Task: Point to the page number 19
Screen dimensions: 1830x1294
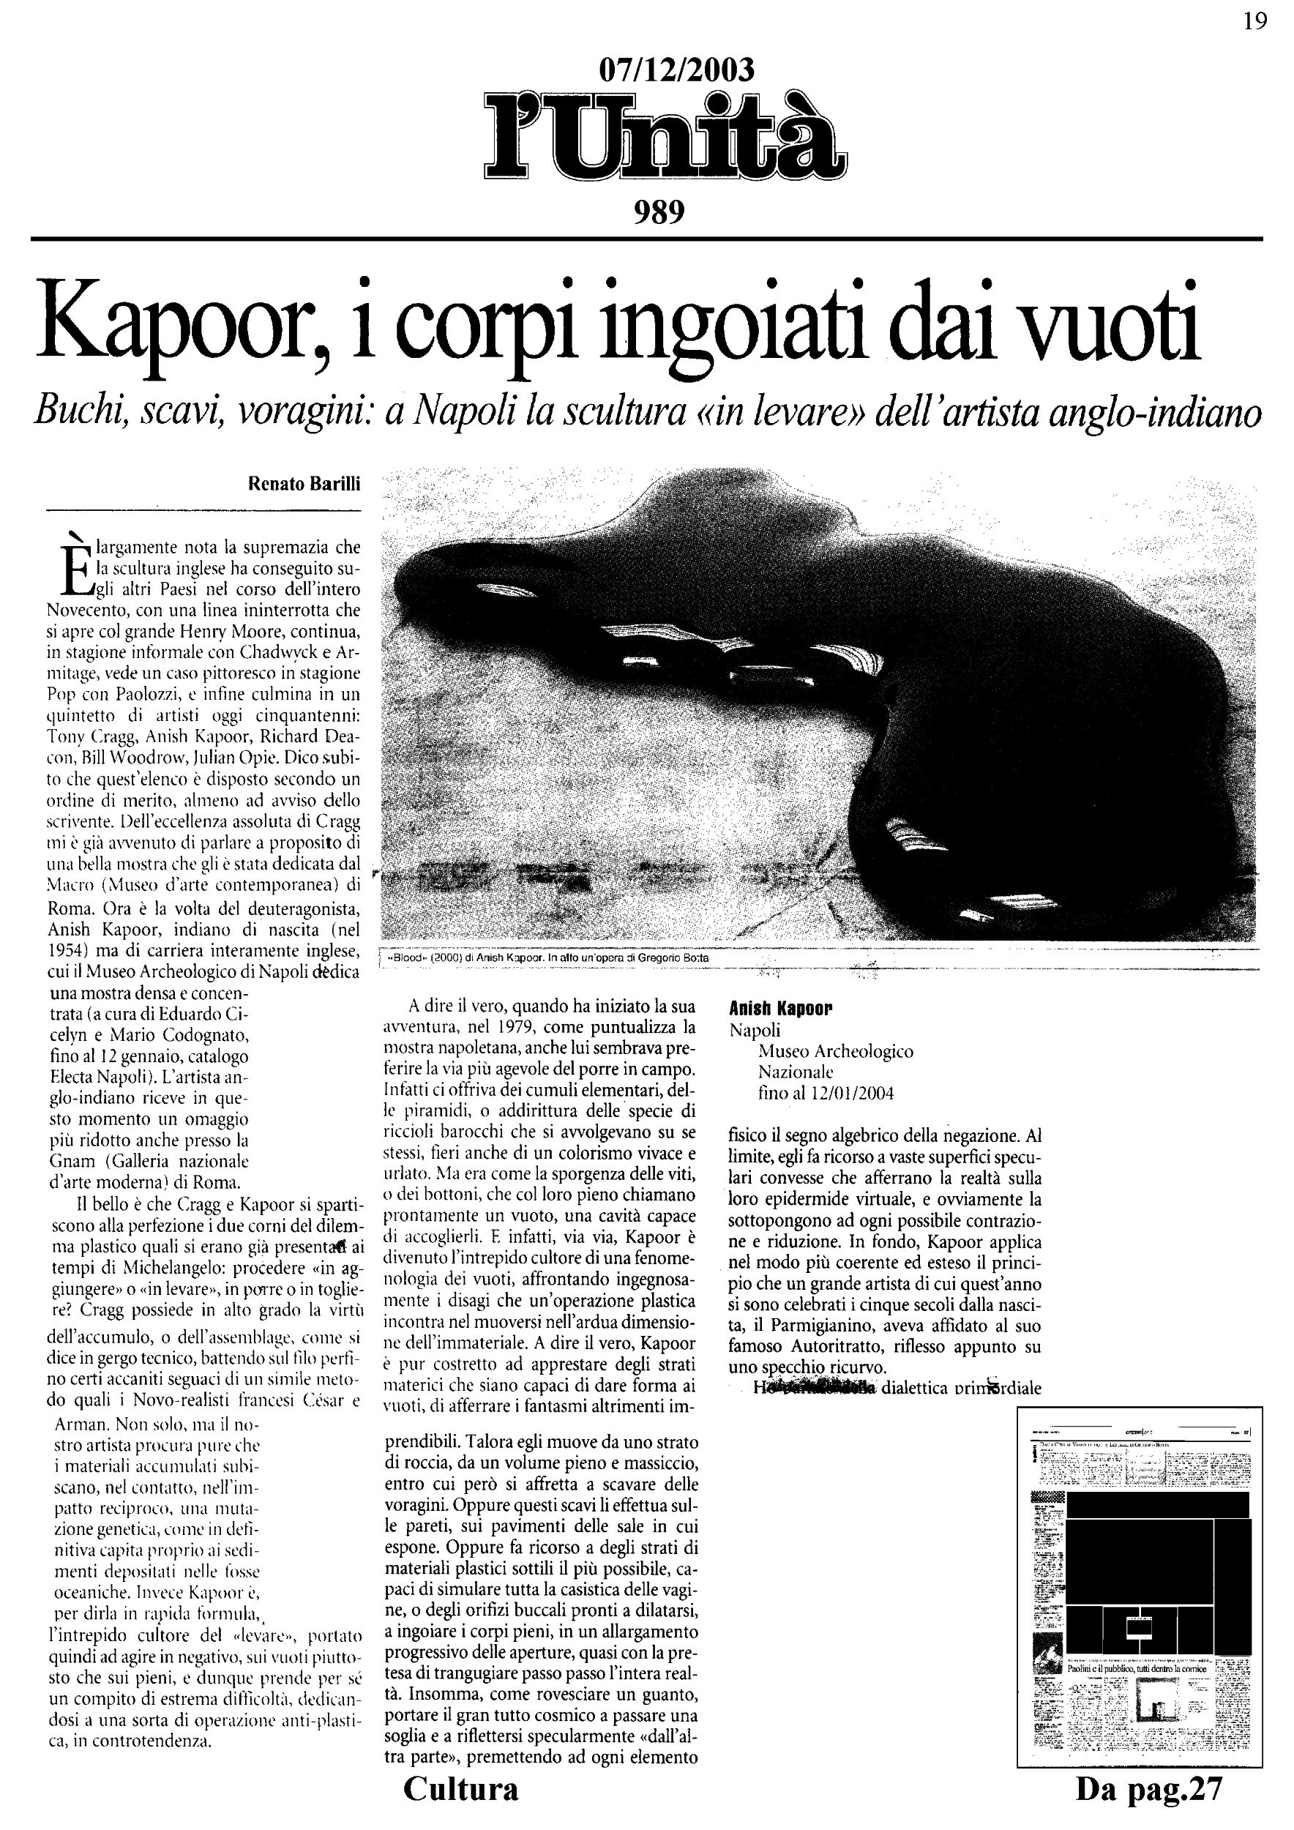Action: tap(1255, 21)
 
